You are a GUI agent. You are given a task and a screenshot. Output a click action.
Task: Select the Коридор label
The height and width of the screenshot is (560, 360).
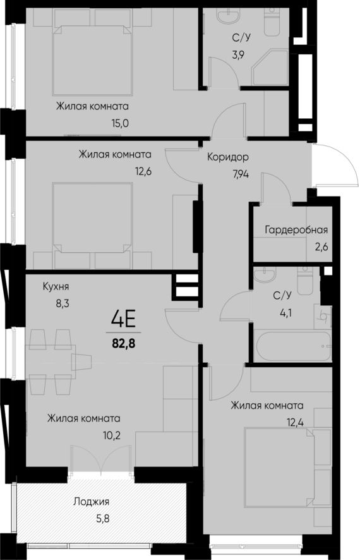click(228, 157)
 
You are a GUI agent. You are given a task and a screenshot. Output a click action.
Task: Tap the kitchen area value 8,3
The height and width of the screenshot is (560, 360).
click(61, 303)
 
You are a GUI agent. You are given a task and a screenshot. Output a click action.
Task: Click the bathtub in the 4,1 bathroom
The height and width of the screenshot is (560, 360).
click(292, 347)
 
